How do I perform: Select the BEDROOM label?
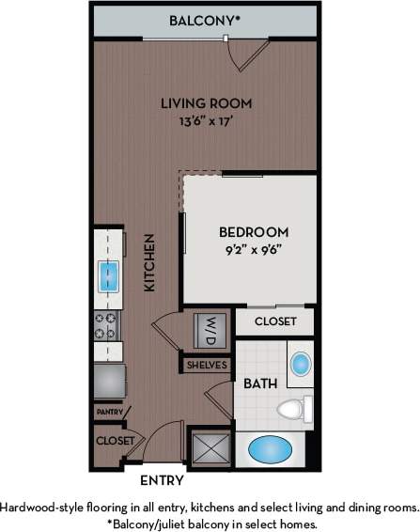[254, 232]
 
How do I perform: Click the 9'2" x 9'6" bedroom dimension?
[254, 250]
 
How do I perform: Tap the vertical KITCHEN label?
[149, 263]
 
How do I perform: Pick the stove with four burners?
[107, 325]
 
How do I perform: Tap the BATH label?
[258, 384]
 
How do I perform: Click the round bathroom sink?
[301, 364]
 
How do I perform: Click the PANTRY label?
[108, 411]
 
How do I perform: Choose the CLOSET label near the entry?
[112, 440]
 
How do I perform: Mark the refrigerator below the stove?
[108, 381]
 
